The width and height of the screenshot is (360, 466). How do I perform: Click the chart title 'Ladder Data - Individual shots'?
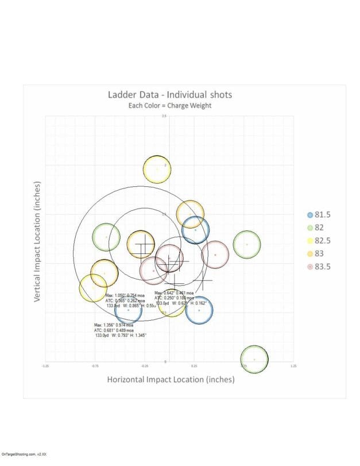[x=171, y=95]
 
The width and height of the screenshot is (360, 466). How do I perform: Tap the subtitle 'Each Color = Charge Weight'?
[x=171, y=106]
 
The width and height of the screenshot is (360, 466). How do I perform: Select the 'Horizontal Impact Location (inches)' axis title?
[x=171, y=379]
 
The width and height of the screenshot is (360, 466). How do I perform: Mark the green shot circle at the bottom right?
[x=254, y=360]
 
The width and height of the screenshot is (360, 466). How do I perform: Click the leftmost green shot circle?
[x=106, y=237]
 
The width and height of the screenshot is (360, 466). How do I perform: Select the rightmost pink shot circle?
[x=215, y=255]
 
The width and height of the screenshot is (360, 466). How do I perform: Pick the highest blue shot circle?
[x=195, y=230]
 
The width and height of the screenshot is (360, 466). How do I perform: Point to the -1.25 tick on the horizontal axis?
[x=45, y=365]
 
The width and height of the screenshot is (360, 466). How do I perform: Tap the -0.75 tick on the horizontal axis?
[x=95, y=365]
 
